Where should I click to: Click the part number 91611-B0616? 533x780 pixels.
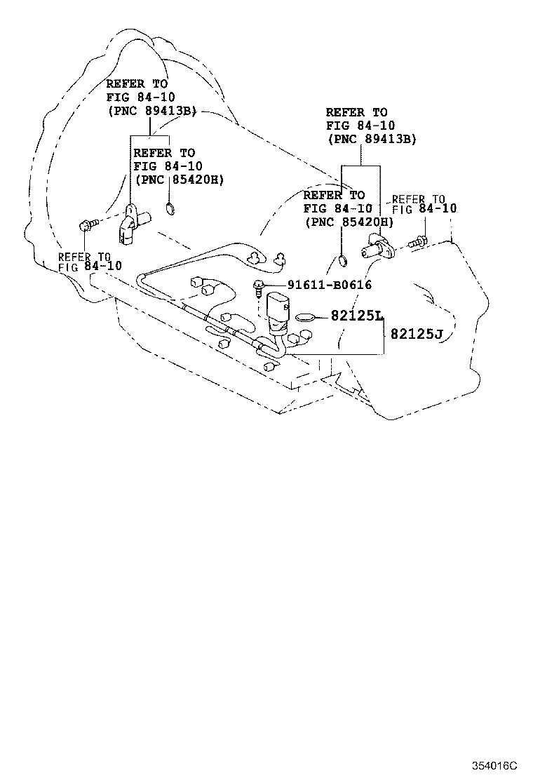[x=329, y=285]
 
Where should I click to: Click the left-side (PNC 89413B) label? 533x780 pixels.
[x=151, y=111]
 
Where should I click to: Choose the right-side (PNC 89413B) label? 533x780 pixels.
[x=372, y=139]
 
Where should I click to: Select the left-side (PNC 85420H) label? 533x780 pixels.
[x=178, y=180]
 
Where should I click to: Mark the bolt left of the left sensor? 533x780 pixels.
[x=87, y=225]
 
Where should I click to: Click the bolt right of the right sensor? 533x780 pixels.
[x=417, y=242]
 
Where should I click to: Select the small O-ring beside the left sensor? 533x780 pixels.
[x=170, y=208]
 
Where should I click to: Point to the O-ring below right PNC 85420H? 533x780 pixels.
[x=341, y=262]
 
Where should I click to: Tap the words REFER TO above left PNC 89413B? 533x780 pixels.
[x=137, y=83]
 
